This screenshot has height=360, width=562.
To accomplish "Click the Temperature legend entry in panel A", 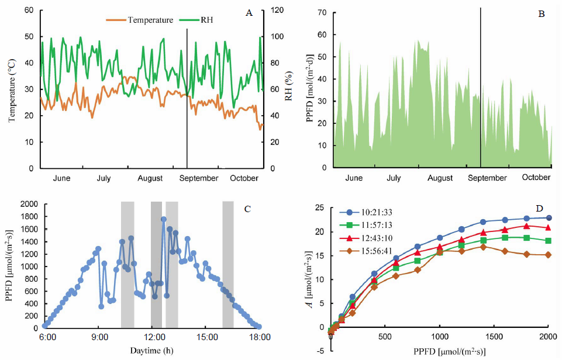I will point(146,20).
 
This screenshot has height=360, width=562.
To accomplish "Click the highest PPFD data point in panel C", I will point(164,219).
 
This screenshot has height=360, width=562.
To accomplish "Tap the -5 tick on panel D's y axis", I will point(321,351).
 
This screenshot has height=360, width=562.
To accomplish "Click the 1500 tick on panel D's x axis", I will point(494,337).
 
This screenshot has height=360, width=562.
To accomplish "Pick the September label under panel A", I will point(198,178).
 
